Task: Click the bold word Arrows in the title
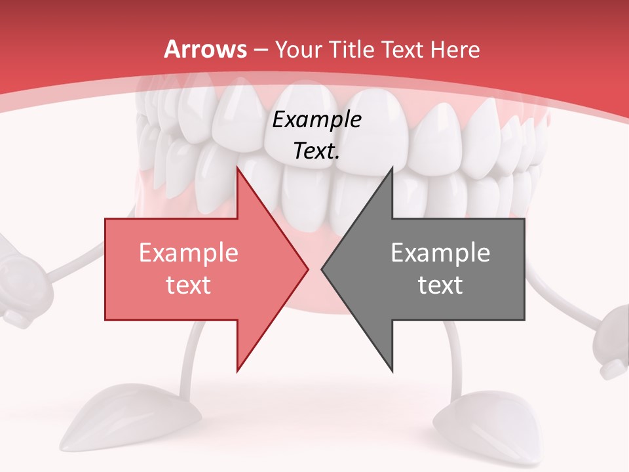(204, 49)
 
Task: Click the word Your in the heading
(299, 50)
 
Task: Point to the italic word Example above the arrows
(316, 120)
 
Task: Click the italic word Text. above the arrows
(316, 151)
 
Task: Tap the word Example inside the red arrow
(188, 253)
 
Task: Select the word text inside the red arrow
(188, 285)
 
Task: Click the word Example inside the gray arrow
(440, 253)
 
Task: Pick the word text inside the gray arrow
(440, 285)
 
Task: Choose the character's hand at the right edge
(613, 341)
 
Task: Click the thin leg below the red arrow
(191, 357)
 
